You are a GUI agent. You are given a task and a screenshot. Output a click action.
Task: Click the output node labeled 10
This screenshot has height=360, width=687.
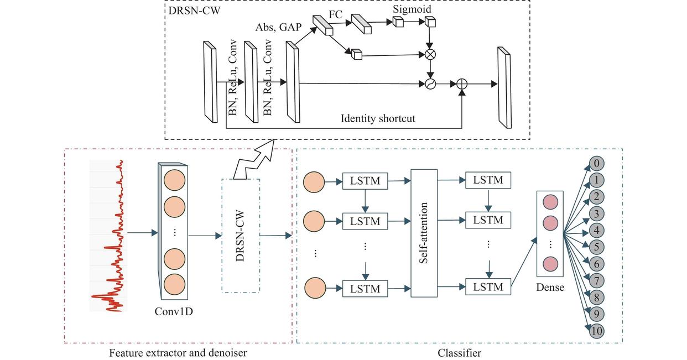(596, 331)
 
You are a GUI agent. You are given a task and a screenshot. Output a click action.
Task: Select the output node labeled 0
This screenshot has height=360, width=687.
(596, 163)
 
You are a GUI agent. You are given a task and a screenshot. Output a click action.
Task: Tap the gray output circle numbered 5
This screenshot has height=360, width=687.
(596, 247)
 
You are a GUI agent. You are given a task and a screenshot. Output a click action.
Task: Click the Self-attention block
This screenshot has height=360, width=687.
(424, 233)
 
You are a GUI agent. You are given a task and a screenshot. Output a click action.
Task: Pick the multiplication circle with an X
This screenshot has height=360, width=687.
(430, 55)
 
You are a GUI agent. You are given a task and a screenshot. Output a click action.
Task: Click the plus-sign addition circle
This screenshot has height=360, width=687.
(462, 84)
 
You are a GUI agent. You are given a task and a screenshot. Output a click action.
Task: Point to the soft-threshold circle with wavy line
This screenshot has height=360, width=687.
(430, 84)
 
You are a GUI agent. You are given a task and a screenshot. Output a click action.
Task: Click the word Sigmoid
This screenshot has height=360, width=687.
(412, 9)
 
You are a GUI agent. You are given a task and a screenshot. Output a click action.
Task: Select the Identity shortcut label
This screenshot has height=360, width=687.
(378, 118)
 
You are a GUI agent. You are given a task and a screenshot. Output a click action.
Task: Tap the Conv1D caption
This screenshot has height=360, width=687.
(174, 311)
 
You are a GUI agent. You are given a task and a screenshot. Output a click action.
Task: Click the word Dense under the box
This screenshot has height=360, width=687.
(550, 288)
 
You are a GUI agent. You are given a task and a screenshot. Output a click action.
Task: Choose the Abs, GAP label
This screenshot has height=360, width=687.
(278, 28)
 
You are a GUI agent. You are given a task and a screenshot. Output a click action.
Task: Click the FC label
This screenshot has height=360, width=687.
(336, 14)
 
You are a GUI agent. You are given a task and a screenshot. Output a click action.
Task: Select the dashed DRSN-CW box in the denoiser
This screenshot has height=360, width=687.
(241, 236)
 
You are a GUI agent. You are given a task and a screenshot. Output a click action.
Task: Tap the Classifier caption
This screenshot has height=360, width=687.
(459, 353)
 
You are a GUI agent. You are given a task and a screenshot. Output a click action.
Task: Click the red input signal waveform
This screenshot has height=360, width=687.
(109, 236)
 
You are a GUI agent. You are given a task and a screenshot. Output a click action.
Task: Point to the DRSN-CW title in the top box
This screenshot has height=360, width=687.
(195, 11)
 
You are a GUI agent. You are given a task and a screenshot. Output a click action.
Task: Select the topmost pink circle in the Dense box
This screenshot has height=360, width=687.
(550, 202)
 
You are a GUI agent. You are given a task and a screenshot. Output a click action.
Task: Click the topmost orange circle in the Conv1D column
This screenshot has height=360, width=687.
(174, 180)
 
